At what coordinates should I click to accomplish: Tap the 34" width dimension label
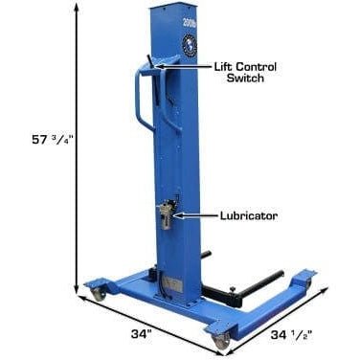tap(141, 334)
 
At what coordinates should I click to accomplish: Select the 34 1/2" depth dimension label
tap(291, 335)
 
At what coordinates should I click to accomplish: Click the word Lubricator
tap(249, 215)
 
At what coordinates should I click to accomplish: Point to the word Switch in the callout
tap(245, 78)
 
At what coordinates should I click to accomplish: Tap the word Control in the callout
tap(257, 67)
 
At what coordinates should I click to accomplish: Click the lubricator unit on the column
tap(167, 213)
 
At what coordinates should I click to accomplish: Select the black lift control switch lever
tap(151, 60)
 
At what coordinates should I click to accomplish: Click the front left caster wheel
tap(99, 292)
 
